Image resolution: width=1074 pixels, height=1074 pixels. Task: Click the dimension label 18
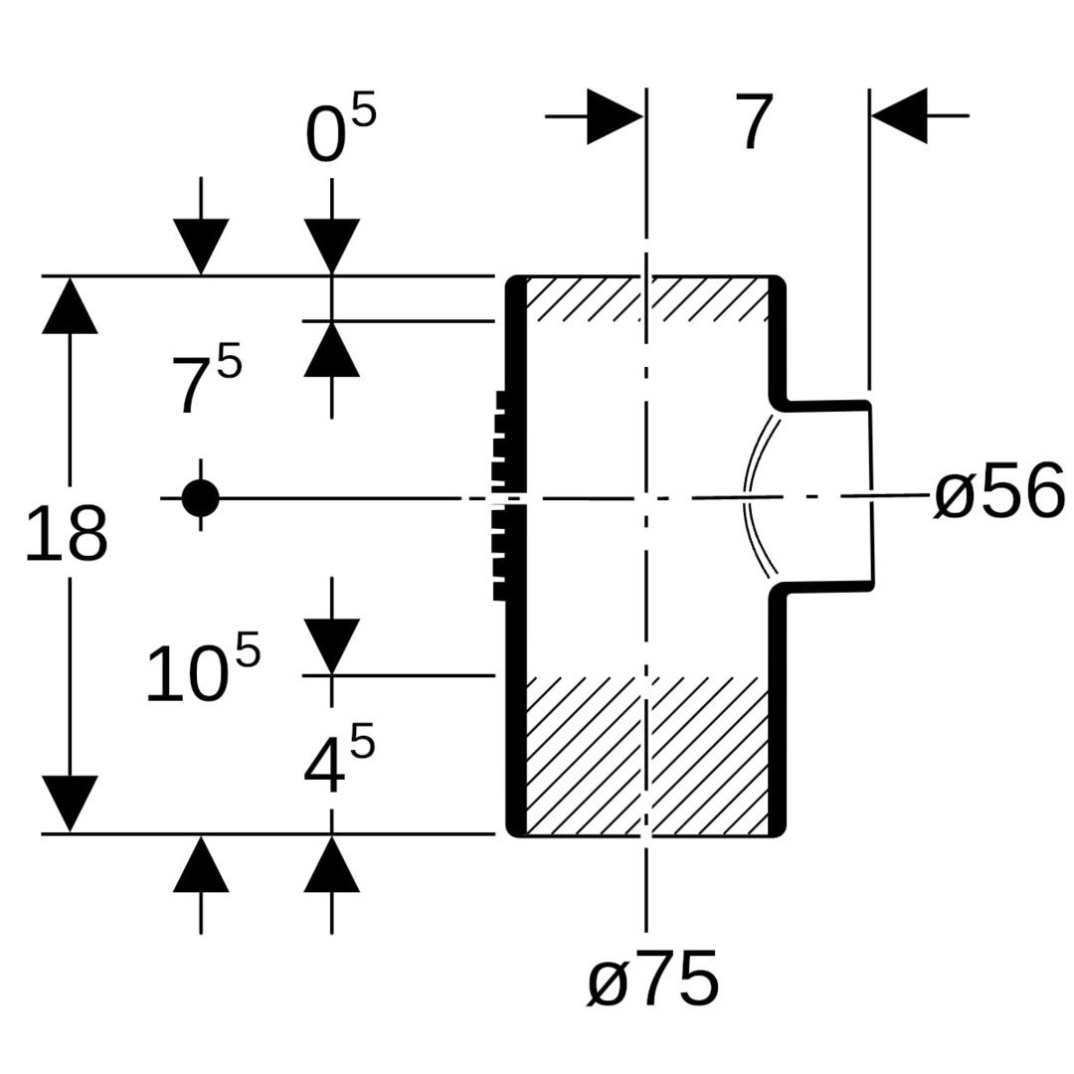(66, 535)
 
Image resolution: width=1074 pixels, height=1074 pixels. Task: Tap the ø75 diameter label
(652, 979)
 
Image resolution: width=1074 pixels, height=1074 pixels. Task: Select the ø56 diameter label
(999, 493)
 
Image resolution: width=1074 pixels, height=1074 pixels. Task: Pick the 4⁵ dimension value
(338, 764)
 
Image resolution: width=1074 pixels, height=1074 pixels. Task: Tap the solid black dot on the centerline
(200, 497)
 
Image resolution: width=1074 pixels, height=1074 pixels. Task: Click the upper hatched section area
(646, 299)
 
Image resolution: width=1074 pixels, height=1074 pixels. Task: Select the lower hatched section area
(646, 756)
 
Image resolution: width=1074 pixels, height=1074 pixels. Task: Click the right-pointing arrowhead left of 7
(615, 116)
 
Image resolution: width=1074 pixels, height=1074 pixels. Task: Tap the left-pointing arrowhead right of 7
(900, 116)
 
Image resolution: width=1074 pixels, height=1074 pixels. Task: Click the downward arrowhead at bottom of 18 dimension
(70, 803)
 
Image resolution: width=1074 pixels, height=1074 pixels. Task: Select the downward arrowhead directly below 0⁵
(331, 246)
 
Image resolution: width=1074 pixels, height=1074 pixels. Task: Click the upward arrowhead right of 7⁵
(331, 349)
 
